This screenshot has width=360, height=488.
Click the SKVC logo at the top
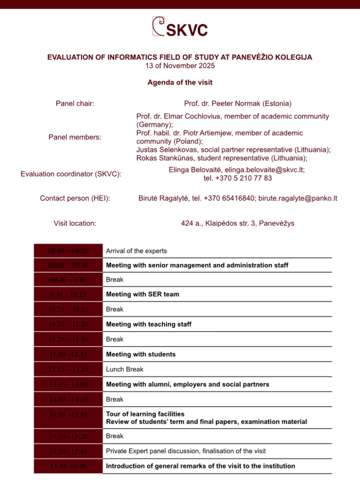point(180,27)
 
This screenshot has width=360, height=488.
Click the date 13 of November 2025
point(180,66)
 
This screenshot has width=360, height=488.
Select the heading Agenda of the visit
point(180,82)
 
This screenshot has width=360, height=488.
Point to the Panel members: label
point(75,137)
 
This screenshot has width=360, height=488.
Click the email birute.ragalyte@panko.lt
point(298,198)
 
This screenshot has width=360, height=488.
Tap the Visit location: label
point(75,223)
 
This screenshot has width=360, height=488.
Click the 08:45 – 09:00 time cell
point(68,251)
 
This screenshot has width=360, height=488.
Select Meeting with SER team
point(142,294)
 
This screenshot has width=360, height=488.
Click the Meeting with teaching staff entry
point(149,325)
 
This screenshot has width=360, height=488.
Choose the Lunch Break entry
point(124,369)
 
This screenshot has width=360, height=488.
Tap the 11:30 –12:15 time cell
point(68,355)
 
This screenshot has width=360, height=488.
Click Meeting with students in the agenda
point(140,355)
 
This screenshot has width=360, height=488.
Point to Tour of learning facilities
point(145,414)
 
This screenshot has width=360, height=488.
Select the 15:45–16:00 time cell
point(68,466)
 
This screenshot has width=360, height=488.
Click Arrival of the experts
point(136,251)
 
